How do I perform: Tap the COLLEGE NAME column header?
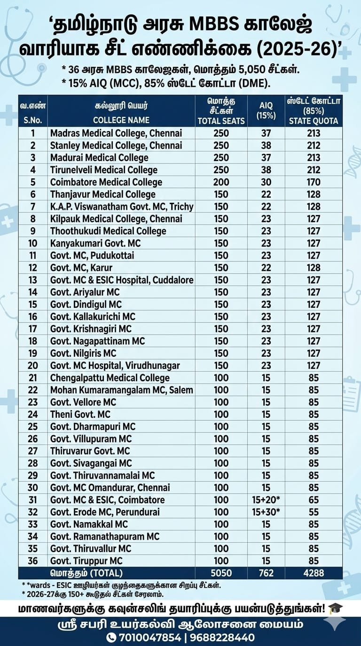(121, 120)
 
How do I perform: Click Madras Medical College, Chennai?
(116, 133)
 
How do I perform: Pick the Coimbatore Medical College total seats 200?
(221, 182)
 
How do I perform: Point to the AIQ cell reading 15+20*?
(266, 500)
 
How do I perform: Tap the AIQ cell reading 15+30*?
(266, 512)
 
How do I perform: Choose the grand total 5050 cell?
(221, 573)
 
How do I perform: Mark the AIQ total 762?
(266, 573)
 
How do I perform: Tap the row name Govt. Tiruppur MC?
(86, 561)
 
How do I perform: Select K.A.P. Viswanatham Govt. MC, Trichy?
(122, 207)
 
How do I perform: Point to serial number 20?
(33, 365)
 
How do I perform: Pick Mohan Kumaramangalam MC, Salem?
(121, 390)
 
